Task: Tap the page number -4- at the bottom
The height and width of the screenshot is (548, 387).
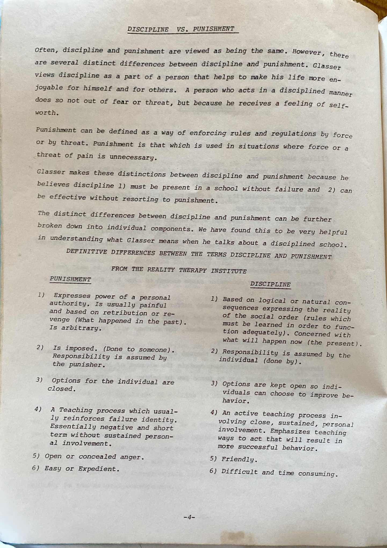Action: coord(189,517)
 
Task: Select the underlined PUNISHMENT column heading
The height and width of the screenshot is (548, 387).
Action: coord(70,280)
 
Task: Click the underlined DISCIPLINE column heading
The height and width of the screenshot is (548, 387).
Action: coord(270,284)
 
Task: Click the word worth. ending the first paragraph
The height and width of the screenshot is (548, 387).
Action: coord(47,113)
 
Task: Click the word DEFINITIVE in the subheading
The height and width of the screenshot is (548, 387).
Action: coord(86,252)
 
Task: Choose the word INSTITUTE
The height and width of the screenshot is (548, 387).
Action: coord(228,271)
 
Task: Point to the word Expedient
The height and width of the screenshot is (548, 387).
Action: coord(99,469)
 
